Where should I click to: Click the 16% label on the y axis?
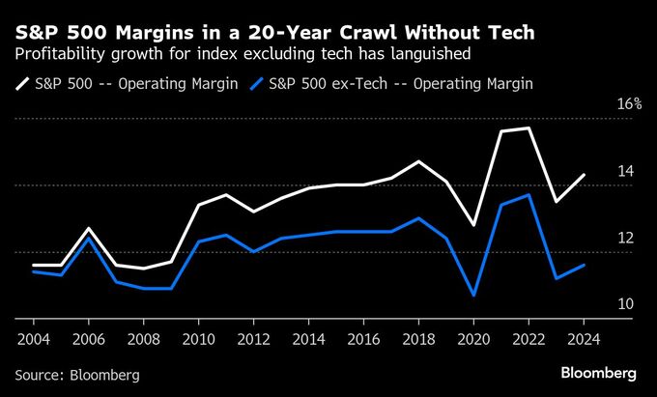629,104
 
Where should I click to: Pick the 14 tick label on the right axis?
624,172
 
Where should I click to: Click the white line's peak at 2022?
528,128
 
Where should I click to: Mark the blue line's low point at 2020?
473,296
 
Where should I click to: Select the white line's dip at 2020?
473,225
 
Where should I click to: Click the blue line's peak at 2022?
528,195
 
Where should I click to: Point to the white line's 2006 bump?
88,229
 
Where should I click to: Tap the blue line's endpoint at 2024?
584,265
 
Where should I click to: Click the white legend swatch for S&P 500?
23,84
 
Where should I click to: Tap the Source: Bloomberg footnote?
77,374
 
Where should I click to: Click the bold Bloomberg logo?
598,373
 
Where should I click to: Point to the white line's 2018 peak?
418,161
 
